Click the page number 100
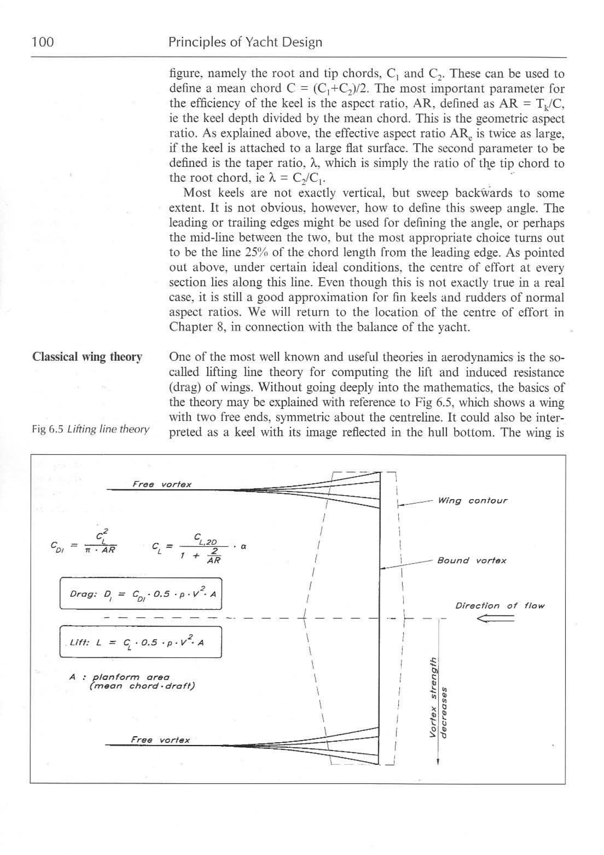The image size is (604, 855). tap(43, 42)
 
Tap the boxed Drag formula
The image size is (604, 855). tap(141, 594)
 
